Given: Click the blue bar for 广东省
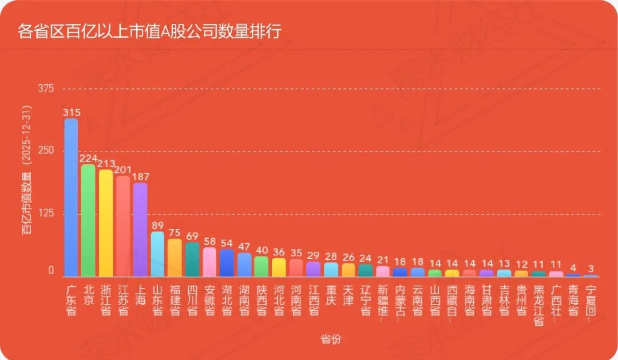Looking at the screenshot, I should coord(71,197).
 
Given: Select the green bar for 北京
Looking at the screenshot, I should coord(88,220).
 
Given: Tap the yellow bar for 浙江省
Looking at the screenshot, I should coord(106,223).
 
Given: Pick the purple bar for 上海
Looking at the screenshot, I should coord(140,230).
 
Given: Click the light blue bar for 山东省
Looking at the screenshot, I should coord(157,254).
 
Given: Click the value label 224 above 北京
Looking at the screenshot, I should coord(88,158).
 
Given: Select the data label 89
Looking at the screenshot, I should coord(157,225).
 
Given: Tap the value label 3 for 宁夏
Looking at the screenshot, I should coord(591,268).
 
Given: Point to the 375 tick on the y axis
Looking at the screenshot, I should coord(46,89).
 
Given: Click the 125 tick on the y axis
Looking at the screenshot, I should coord(46,214).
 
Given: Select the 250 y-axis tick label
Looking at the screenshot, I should coord(46,151).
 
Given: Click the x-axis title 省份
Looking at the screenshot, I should coord(330,339).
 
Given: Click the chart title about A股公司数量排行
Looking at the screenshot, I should coord(149,31).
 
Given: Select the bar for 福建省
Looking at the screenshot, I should coord(175,258).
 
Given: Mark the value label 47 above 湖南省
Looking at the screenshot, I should coord(244,247).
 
